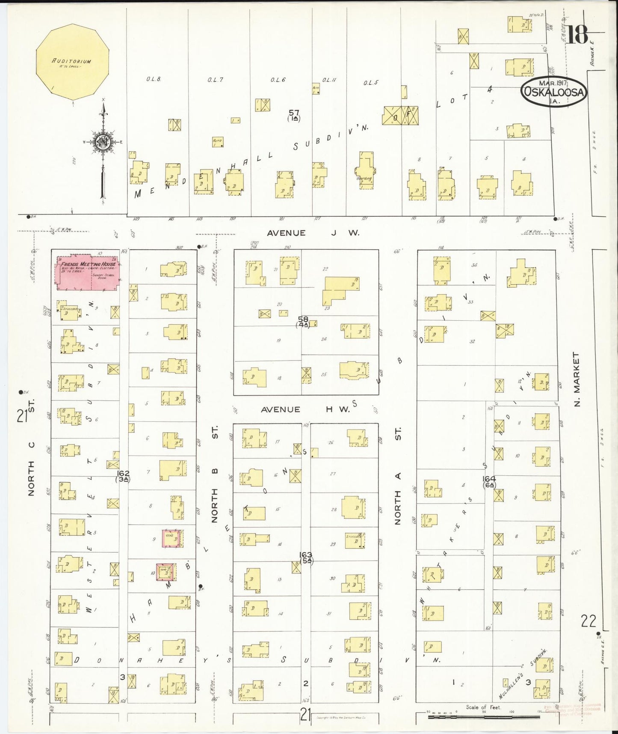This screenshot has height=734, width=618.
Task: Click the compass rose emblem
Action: pyautogui.click(x=103, y=142)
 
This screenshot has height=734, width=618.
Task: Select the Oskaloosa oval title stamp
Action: pyautogui.click(x=554, y=92)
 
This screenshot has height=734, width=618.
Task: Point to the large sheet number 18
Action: pyautogui.click(x=577, y=35)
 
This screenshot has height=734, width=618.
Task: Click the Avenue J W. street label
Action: pyautogui.click(x=313, y=233)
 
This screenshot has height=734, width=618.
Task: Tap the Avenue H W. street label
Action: pyautogui.click(x=305, y=409)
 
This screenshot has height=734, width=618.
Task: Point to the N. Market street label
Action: pyautogui.click(x=577, y=379)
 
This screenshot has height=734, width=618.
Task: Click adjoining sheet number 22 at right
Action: pyautogui.click(x=588, y=621)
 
